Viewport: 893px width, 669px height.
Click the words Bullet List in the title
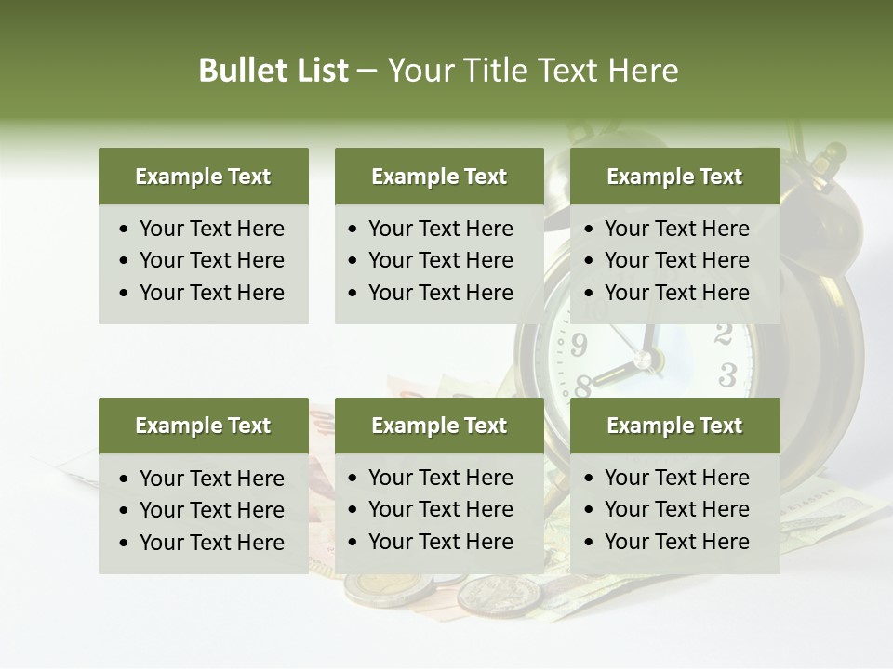[x=273, y=71]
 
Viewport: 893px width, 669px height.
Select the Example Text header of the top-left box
[x=203, y=177]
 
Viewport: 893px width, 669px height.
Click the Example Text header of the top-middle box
[x=439, y=177]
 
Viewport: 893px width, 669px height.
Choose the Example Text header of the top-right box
[x=674, y=177]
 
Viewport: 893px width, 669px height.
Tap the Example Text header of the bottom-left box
[x=203, y=426]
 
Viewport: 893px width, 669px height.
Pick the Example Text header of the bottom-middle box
[x=439, y=426]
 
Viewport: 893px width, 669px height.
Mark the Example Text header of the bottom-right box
[x=674, y=426]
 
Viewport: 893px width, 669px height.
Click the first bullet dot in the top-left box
[x=125, y=230]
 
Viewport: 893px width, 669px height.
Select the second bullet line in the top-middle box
[x=440, y=260]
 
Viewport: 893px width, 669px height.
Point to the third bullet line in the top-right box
[x=676, y=293]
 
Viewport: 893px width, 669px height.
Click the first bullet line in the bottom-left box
[x=211, y=479]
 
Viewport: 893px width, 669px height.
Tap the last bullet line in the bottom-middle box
[x=440, y=542]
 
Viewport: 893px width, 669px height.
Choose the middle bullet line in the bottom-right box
[x=676, y=509]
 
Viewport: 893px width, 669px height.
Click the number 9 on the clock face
[x=579, y=346]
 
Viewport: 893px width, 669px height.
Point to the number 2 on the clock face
[x=724, y=334]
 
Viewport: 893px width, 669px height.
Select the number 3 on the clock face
[x=727, y=375]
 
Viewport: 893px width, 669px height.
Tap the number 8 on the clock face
[x=584, y=384]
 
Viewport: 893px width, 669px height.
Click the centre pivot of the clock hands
[x=642, y=359]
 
